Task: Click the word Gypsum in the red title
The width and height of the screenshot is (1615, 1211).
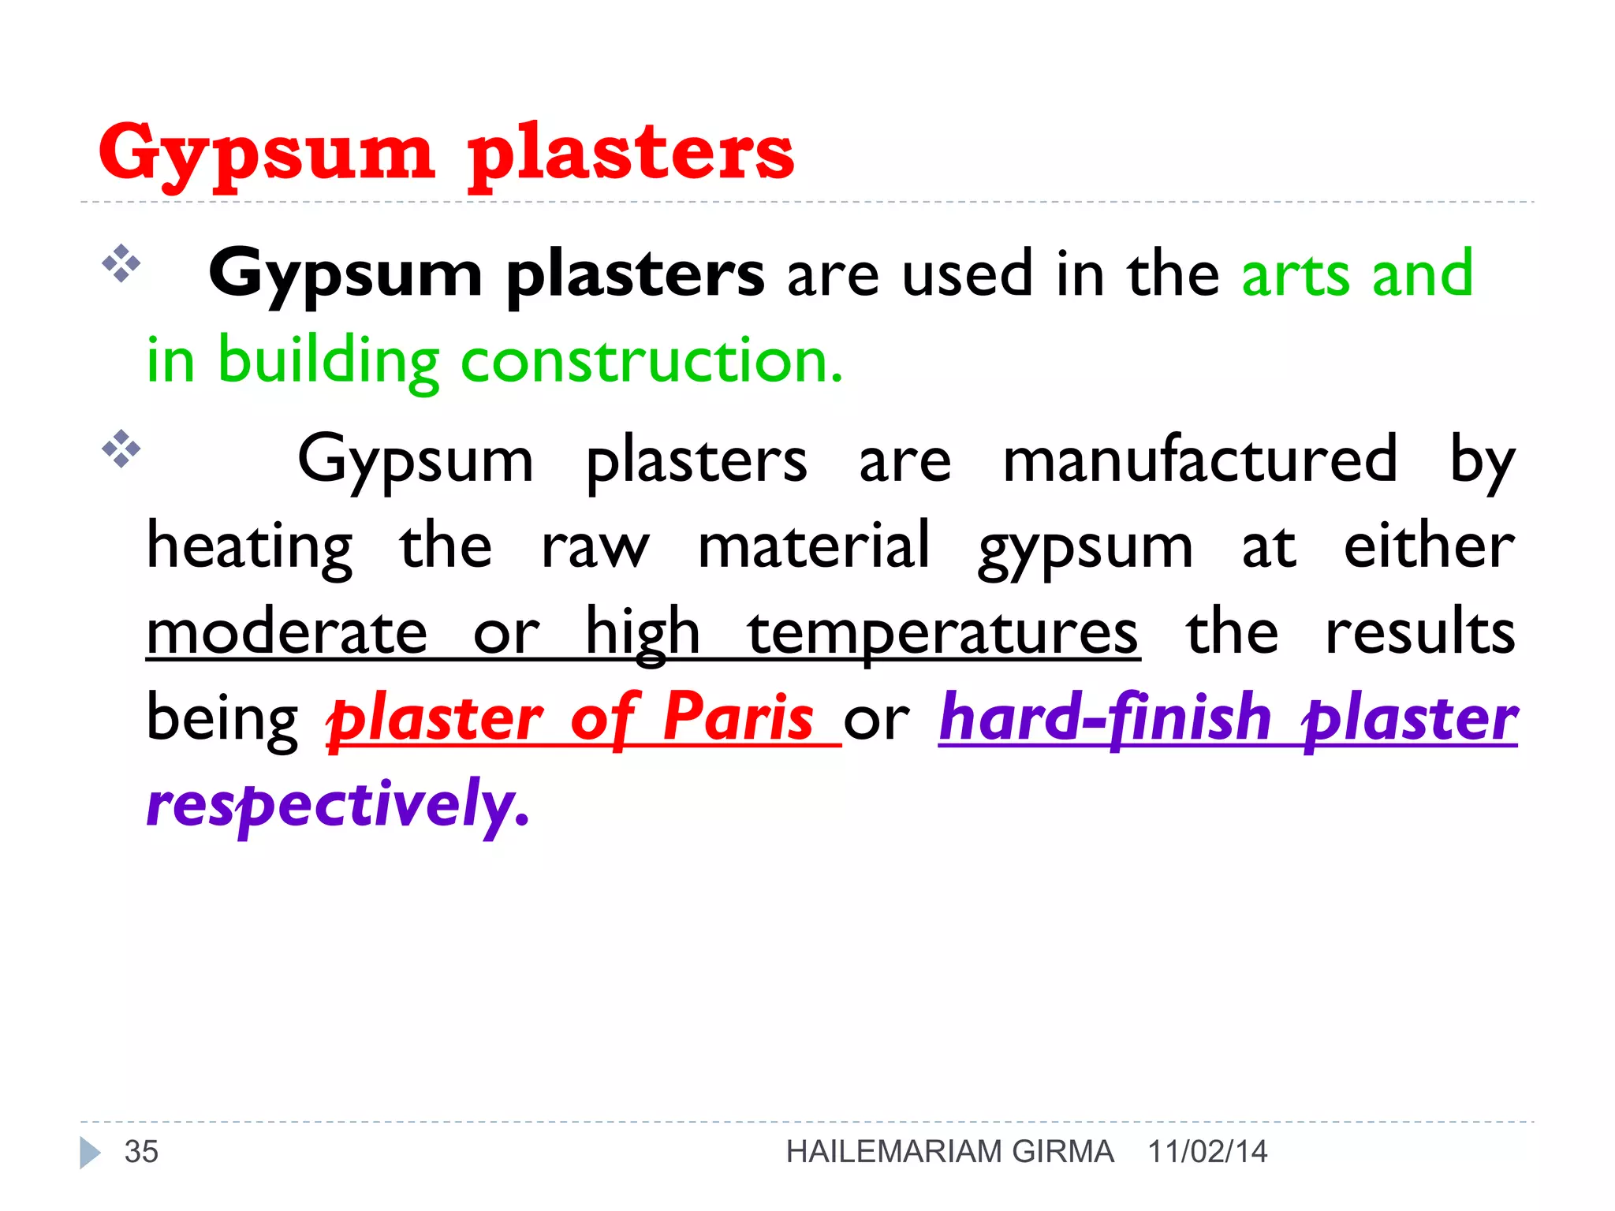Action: pyautogui.click(x=267, y=154)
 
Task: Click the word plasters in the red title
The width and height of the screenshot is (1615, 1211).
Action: pyautogui.click(x=631, y=154)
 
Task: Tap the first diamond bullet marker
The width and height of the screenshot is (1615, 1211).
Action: pyautogui.click(x=121, y=263)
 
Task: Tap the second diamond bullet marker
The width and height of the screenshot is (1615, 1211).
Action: pyautogui.click(x=121, y=449)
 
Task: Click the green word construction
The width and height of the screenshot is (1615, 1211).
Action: pyautogui.click(x=651, y=361)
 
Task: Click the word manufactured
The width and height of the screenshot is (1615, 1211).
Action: pyautogui.click(x=1199, y=460)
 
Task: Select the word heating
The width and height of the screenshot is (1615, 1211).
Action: pyautogui.click(x=250, y=547)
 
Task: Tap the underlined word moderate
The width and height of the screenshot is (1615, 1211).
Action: pyautogui.click(x=287, y=632)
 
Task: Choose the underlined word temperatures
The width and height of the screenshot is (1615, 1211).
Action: pyautogui.click(x=942, y=632)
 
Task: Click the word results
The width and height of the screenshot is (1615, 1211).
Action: pyautogui.click(x=1420, y=632)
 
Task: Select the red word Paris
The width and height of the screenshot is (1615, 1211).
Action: pyautogui.click(x=738, y=717)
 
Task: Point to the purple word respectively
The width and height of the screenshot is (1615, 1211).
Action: pyautogui.click(x=338, y=804)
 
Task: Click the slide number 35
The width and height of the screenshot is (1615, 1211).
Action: pyautogui.click(x=142, y=1152)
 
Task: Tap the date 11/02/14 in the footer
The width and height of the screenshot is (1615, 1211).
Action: pyautogui.click(x=1207, y=1152)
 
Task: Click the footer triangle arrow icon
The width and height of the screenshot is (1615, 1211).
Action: pyautogui.click(x=90, y=1153)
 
